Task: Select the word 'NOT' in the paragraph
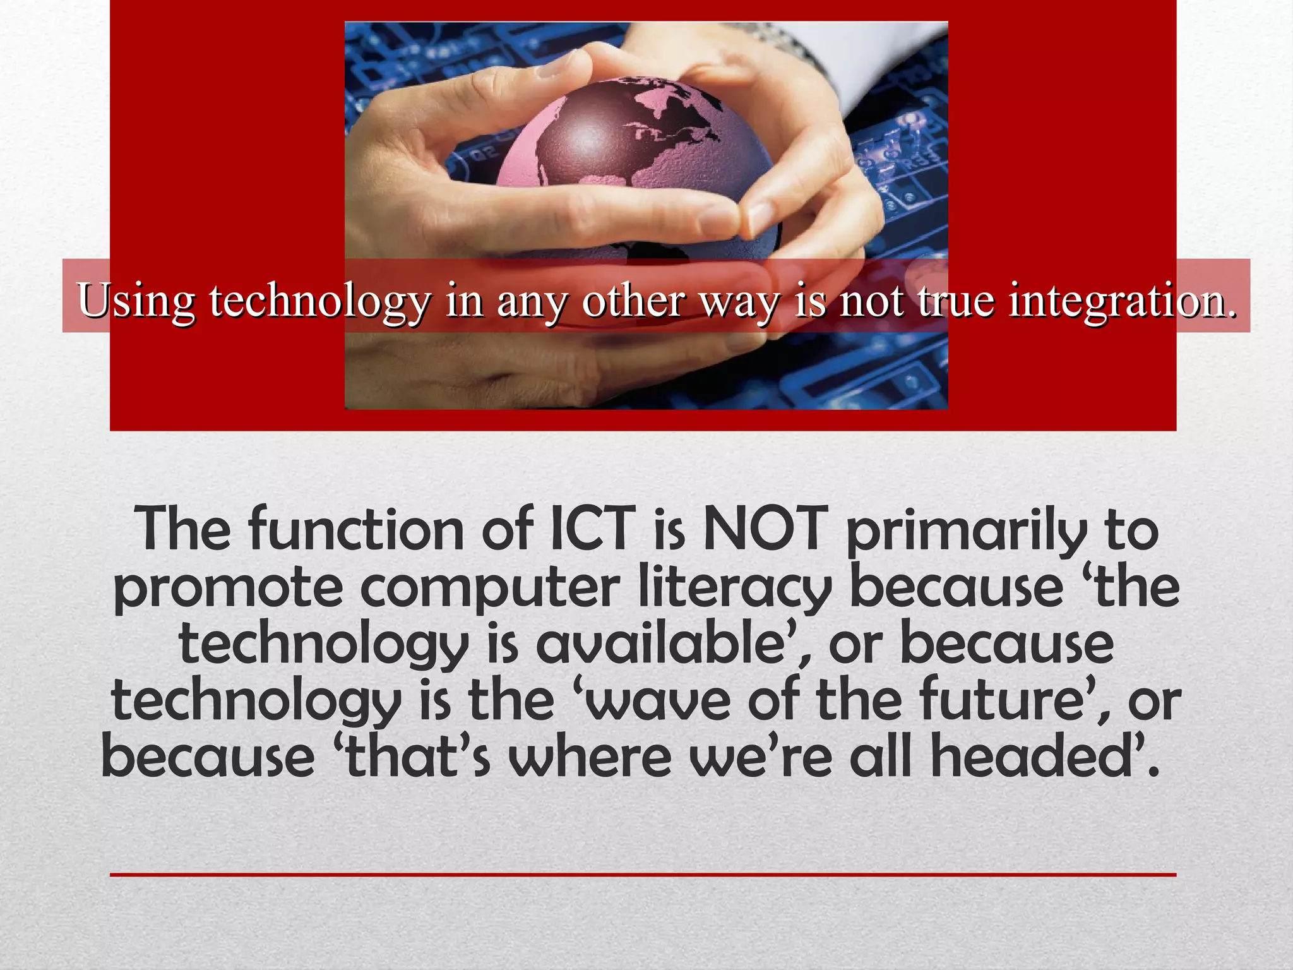(765, 529)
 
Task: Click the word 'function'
(357, 529)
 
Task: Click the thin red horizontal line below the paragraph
(643, 875)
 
